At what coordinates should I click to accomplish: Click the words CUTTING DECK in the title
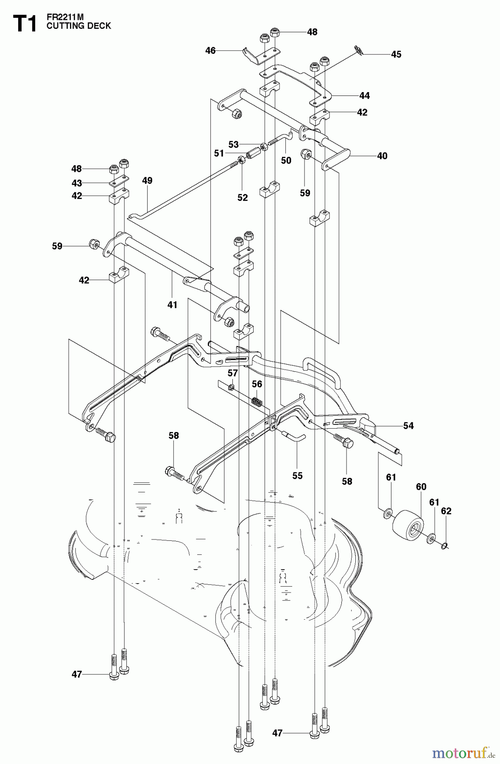(78, 26)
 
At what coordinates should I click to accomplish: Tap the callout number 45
(396, 54)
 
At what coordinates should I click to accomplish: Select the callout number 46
(210, 51)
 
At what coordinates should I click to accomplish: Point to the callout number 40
(382, 156)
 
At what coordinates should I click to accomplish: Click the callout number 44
(364, 95)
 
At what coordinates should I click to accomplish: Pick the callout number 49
(147, 180)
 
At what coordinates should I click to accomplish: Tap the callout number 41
(172, 304)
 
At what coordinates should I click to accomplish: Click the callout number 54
(408, 425)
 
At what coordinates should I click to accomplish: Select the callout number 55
(297, 475)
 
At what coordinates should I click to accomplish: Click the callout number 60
(421, 487)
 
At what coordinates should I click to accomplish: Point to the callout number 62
(446, 511)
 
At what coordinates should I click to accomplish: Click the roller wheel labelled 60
(408, 527)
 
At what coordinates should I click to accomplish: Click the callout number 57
(232, 373)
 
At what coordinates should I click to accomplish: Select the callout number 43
(76, 183)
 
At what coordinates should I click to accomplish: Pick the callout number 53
(233, 144)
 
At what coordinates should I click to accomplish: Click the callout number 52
(242, 197)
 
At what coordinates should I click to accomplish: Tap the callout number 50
(286, 160)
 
